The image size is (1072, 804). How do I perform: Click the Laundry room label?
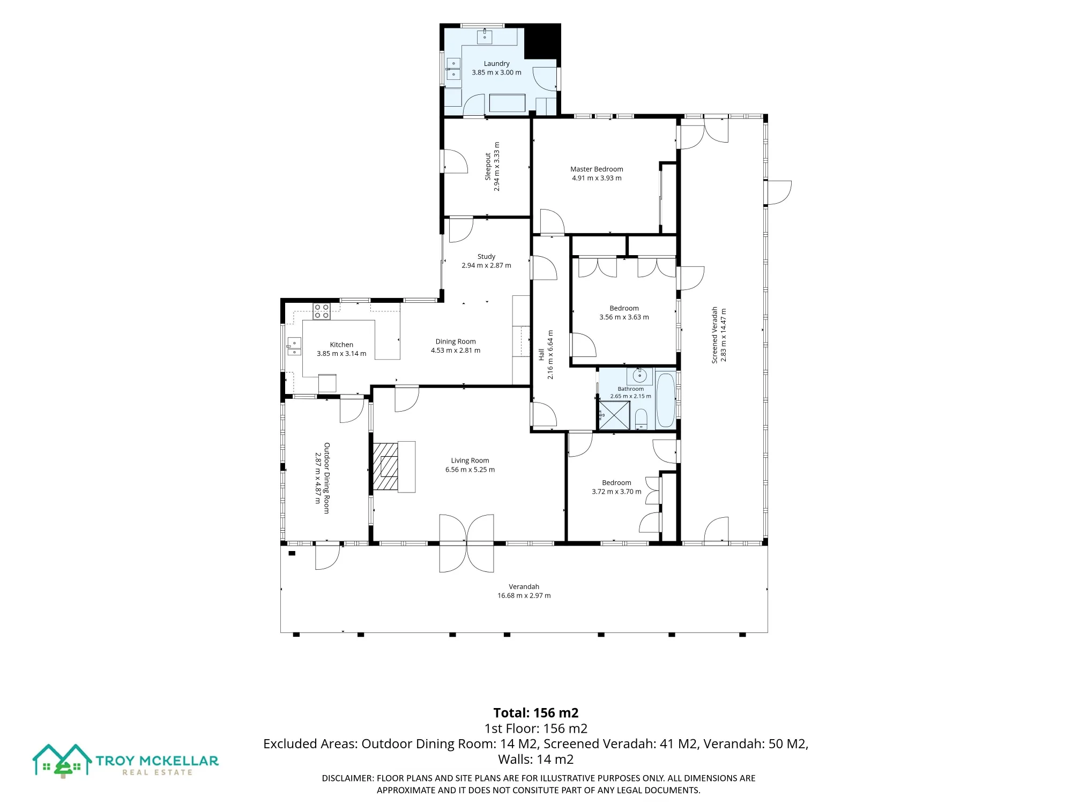[x=496, y=63]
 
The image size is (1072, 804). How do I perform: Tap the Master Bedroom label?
[x=597, y=169]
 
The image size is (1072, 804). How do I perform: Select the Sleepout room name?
[x=488, y=166]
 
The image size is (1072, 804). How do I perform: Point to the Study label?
[x=486, y=256]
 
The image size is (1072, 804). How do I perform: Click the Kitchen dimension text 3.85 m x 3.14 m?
[x=341, y=354]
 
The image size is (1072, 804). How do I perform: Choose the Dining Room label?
[x=456, y=341]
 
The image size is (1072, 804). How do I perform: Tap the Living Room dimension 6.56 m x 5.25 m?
[x=470, y=470]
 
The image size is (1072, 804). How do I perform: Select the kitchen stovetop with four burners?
[x=322, y=311]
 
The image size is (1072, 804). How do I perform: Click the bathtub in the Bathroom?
[x=666, y=400]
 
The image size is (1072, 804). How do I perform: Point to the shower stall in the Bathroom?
[x=614, y=415]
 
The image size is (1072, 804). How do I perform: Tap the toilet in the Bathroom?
[x=641, y=419]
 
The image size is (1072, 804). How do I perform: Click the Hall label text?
[x=541, y=354]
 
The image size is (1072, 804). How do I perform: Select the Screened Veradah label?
[x=714, y=335]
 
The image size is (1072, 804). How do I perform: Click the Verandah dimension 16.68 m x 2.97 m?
[x=524, y=595]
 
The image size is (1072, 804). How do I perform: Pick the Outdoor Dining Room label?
[x=326, y=478]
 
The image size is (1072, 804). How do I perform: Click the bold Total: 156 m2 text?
[x=536, y=713]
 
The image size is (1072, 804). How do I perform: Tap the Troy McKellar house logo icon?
[x=62, y=761]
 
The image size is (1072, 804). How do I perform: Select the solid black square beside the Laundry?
[x=542, y=42]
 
